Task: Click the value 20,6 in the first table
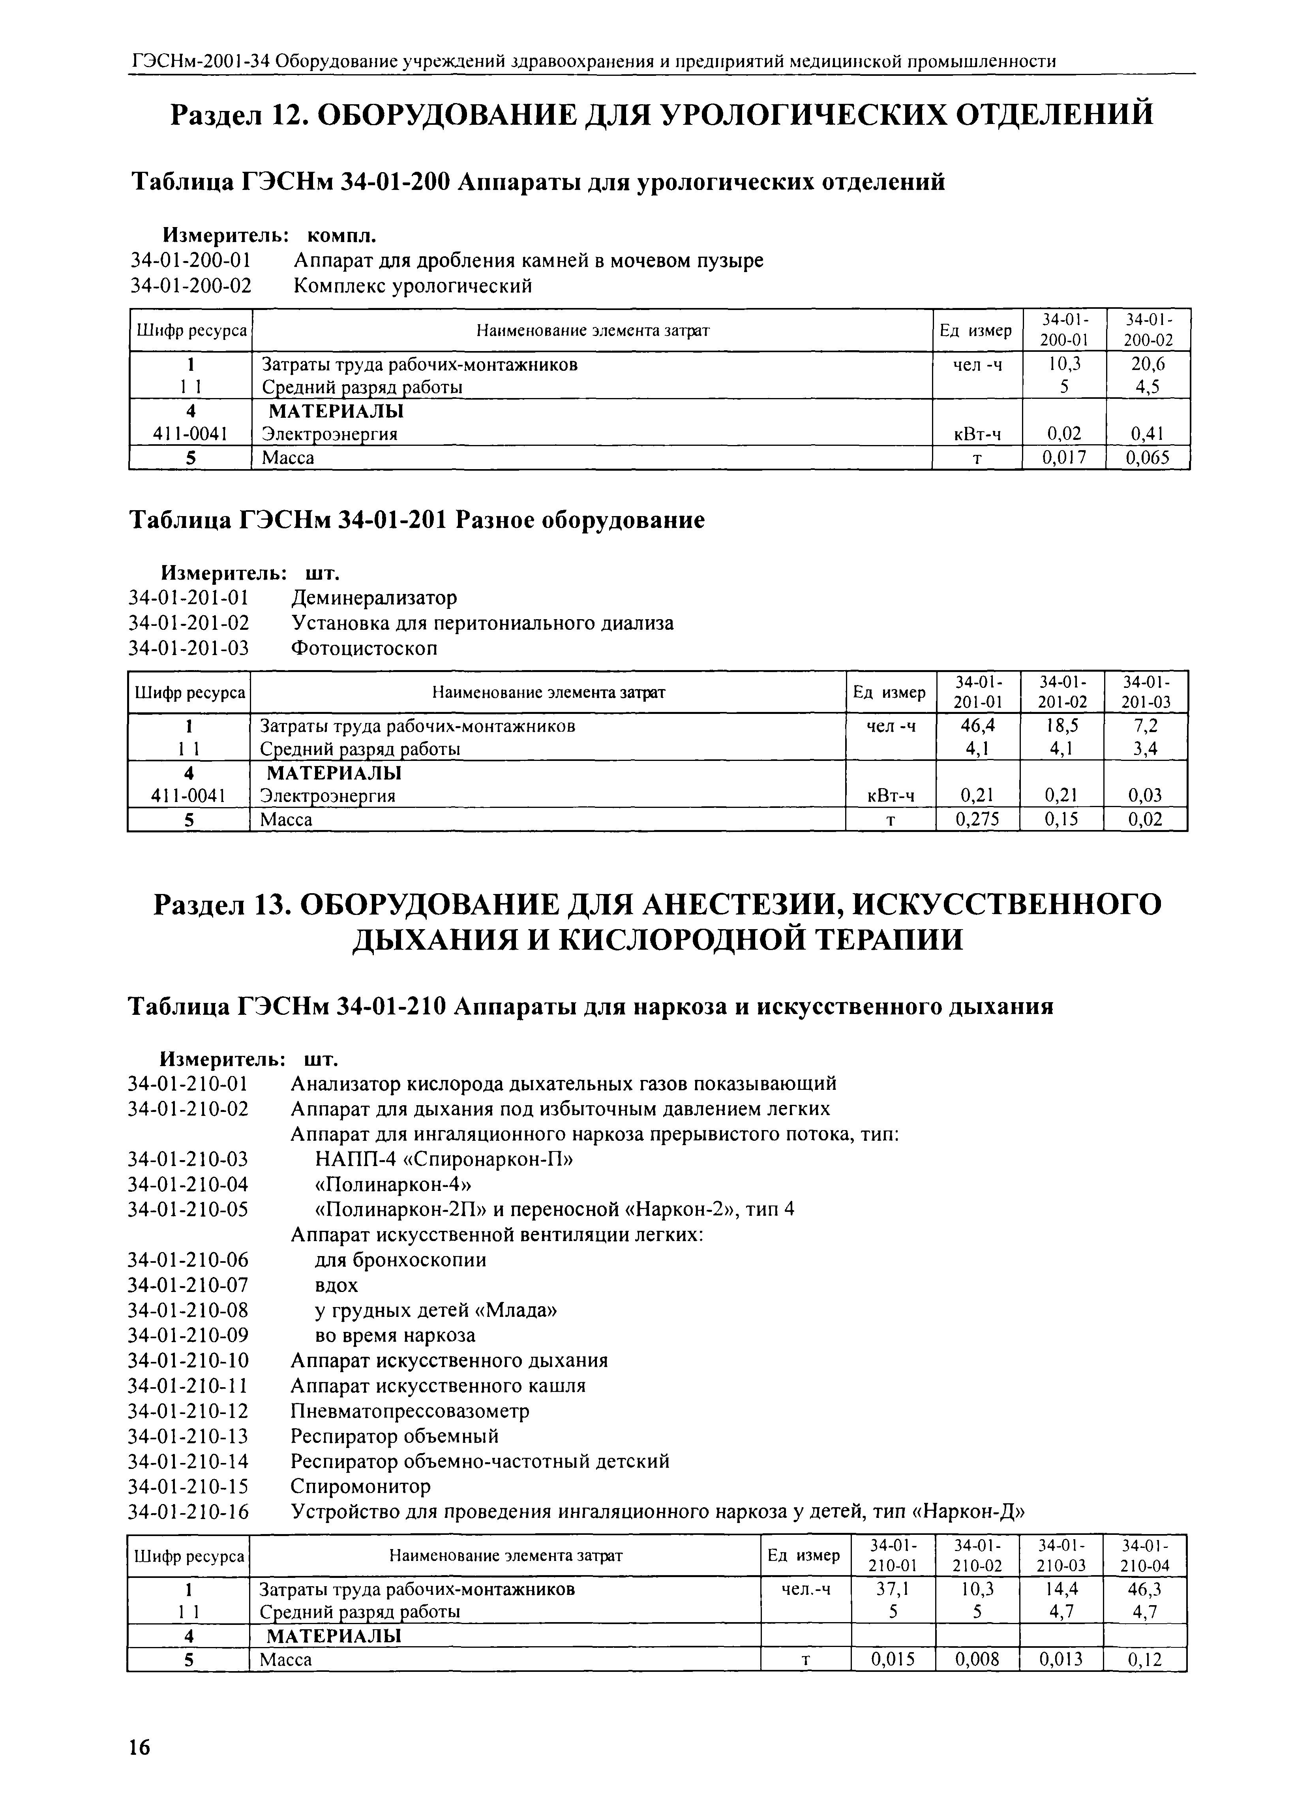click(x=1148, y=364)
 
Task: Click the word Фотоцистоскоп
click(x=364, y=648)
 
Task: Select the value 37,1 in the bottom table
click(x=893, y=1589)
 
